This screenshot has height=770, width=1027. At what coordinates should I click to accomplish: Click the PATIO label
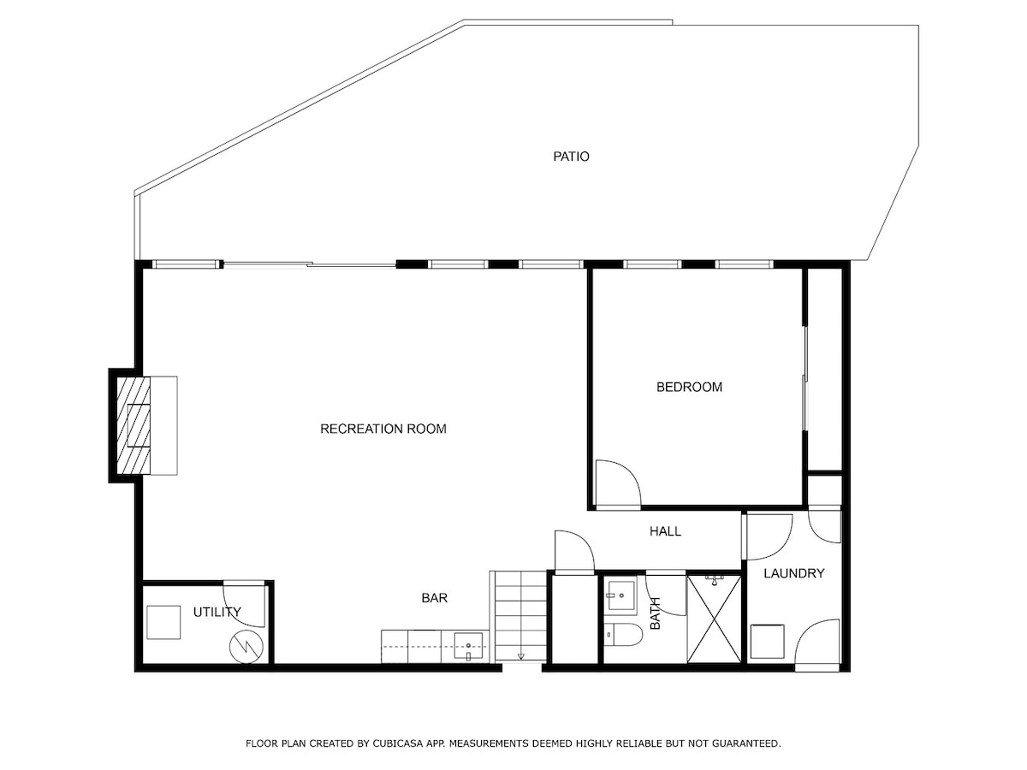tap(571, 157)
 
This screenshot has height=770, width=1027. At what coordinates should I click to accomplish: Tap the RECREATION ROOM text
tap(383, 429)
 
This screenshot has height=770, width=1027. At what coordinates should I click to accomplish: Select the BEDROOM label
tap(689, 387)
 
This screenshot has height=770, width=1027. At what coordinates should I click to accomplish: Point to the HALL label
tap(665, 531)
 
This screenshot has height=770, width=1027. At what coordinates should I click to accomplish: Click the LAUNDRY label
tap(794, 573)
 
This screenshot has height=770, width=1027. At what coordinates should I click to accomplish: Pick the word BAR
tap(434, 598)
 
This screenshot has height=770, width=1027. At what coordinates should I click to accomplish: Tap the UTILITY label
tap(217, 612)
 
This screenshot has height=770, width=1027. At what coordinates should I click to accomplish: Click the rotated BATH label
tap(656, 613)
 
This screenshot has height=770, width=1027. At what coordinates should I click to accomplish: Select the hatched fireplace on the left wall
tap(134, 425)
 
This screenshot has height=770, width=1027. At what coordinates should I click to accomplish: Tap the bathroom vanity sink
tap(620, 595)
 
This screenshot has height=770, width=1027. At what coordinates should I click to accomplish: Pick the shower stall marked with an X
tap(714, 619)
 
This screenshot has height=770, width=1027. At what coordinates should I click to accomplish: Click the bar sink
tap(468, 647)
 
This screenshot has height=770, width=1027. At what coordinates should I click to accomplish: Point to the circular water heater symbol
tap(246, 647)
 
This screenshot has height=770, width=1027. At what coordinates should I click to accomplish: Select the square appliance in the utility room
tap(163, 622)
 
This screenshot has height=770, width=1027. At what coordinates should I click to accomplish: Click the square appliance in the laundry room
tap(768, 642)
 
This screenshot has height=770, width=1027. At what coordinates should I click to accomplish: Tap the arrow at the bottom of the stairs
tap(520, 656)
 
